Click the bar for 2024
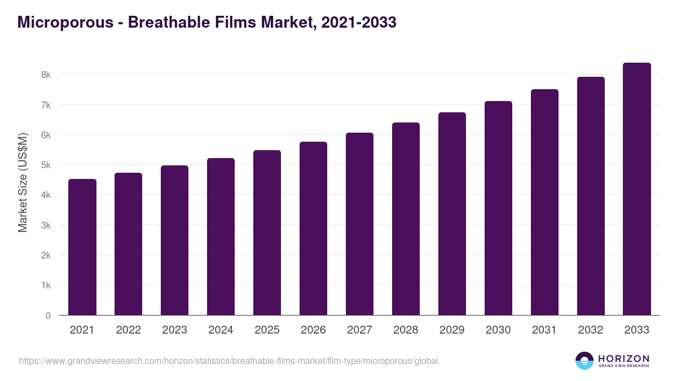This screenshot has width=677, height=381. click(x=221, y=237)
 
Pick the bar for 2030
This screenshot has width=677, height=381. click(x=498, y=208)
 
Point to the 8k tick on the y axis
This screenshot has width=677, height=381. click(x=46, y=75)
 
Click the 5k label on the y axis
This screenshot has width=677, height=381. click(x=46, y=165)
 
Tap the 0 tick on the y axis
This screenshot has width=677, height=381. click(x=48, y=316)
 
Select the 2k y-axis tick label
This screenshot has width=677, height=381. click(x=46, y=255)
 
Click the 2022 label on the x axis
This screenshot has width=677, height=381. click(x=128, y=330)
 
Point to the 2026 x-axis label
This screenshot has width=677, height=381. click(x=313, y=330)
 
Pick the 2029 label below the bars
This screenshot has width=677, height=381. click(x=452, y=330)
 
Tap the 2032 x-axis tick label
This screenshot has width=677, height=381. click(x=591, y=330)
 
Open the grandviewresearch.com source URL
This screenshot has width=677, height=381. click(x=228, y=361)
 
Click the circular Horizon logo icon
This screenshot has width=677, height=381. click(x=584, y=361)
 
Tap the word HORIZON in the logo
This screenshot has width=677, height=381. click(x=623, y=358)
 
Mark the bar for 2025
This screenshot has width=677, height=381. click(x=267, y=233)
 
